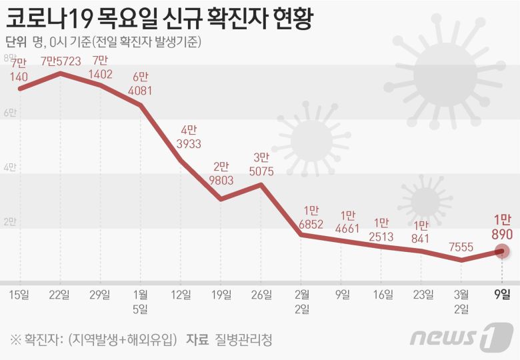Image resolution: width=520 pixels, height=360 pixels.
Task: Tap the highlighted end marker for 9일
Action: pyautogui.click(x=502, y=251)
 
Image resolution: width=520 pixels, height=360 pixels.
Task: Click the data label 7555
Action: pyautogui.click(x=461, y=247)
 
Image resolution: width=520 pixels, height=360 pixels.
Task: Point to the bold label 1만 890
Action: pyautogui.click(x=502, y=227)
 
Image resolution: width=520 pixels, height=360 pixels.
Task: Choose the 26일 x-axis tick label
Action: pyautogui.click(x=261, y=293)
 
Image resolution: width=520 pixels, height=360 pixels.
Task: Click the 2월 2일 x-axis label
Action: pyautogui.click(x=301, y=301)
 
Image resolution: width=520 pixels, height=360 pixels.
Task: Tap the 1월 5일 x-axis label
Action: pyautogui.click(x=140, y=301)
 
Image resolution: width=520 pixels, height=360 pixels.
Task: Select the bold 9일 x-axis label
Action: pyautogui.click(x=502, y=293)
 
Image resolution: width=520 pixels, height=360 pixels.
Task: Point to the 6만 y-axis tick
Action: pyautogui.click(x=10, y=113)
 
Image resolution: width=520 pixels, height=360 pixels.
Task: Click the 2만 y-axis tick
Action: pyautogui.click(x=10, y=222)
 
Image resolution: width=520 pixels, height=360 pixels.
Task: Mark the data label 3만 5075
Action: pyautogui.click(x=261, y=164)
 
